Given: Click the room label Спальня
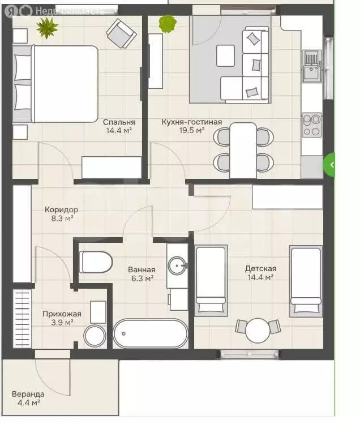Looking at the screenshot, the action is tap(119, 122).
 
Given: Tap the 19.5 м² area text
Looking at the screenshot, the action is tap(191, 130).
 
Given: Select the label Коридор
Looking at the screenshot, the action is tap(61, 209).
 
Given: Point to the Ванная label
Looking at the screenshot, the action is tap(142, 269).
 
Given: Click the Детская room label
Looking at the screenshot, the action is tap(261, 268).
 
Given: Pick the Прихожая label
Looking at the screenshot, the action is tap(62, 314).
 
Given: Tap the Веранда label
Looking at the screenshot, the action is tap(28, 394).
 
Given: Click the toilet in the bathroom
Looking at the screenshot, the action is tap(96, 262).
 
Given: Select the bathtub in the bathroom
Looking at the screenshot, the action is tap(151, 333).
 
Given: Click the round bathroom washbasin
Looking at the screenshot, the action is tap(177, 265).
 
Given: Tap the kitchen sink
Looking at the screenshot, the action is tap(312, 66).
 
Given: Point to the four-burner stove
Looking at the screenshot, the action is tap(312, 125).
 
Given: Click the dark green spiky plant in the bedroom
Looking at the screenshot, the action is tap(48, 28).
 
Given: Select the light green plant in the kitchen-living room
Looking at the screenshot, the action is tap(168, 24).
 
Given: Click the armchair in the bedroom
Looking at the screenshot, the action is tap(122, 33).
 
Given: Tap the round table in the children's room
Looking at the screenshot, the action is tap(258, 330).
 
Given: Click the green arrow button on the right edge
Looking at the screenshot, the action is tap(329, 165).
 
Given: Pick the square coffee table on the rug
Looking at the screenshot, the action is tap(226, 55).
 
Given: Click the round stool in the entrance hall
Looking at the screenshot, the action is tap(95, 336).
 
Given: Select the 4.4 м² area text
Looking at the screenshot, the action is tap(29, 403).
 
